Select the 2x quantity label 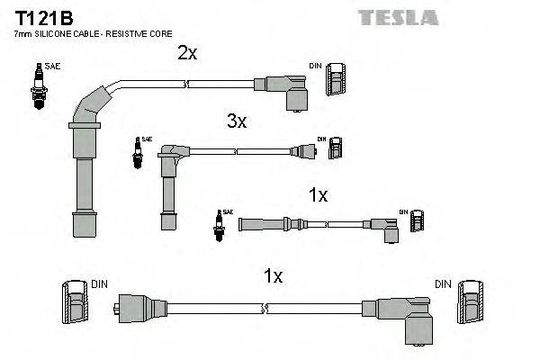pyautogui.click(x=187, y=53)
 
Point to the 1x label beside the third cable pyautogui.click(x=318, y=195)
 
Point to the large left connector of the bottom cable pyautogui.click(x=135, y=308)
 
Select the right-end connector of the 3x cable pyautogui.click(x=304, y=150)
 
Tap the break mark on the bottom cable pyautogui.click(x=265, y=309)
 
